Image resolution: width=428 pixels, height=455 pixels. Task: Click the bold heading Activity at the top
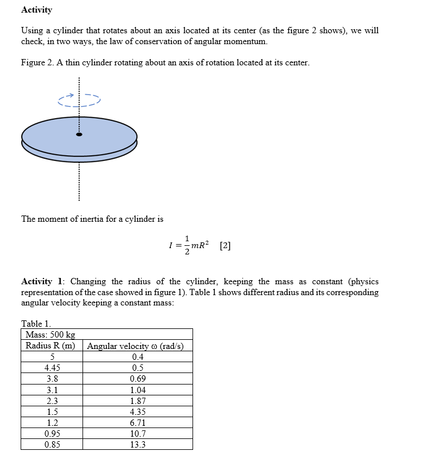tap(36, 10)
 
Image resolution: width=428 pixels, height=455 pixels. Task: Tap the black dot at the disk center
tap(80, 135)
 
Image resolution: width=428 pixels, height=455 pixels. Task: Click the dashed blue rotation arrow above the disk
tap(79, 100)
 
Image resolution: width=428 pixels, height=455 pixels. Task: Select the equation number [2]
tap(225, 246)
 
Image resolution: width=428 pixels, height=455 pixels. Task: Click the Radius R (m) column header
tap(52, 346)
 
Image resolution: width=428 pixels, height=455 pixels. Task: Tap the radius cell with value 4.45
tap(52, 368)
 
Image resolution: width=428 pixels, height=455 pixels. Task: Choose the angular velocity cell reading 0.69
tap(138, 379)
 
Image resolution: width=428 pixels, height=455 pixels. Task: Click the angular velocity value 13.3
tap(138, 444)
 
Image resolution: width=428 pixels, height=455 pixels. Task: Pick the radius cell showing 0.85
tap(52, 444)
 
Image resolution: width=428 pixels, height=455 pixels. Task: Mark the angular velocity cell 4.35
tap(138, 411)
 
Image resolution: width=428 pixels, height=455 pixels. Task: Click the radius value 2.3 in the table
tap(52, 401)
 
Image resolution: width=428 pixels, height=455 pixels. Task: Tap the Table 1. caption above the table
tap(36, 324)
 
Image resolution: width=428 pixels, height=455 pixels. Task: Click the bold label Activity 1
tap(43, 281)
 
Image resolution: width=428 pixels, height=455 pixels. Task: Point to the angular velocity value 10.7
tap(138, 433)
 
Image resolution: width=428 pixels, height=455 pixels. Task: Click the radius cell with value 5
tap(52, 357)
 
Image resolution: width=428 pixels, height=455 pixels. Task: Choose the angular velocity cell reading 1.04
tap(138, 390)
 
